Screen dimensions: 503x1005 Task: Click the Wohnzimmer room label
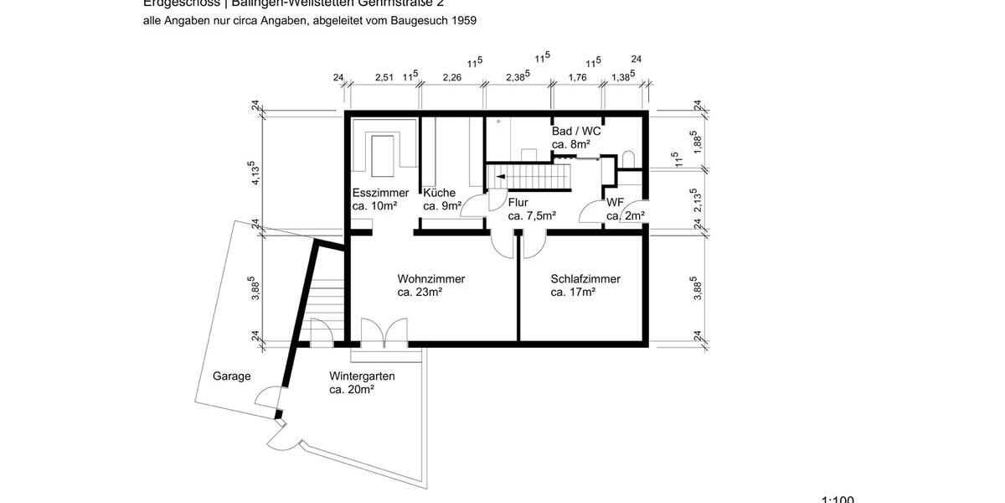pos(431,279)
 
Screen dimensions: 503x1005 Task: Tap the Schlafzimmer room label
pos(585,279)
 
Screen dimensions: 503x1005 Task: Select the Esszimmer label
pos(380,193)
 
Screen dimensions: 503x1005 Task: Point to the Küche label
pos(439,193)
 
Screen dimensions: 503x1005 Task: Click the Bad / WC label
pos(576,132)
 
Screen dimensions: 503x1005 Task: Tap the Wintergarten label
pos(362,376)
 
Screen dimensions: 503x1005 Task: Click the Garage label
pos(231,376)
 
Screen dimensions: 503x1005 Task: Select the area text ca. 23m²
pos(420,293)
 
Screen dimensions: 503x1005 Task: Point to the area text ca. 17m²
pos(573,293)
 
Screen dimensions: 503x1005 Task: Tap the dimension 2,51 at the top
pos(384,77)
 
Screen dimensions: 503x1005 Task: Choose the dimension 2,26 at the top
pos(451,77)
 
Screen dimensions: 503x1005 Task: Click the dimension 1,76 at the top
pos(577,77)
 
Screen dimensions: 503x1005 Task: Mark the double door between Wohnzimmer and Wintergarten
pos(384,332)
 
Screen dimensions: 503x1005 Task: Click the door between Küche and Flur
pos(476,206)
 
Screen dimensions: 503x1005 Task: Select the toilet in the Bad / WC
pos(630,160)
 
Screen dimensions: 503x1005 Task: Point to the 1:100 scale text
pos(837,500)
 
